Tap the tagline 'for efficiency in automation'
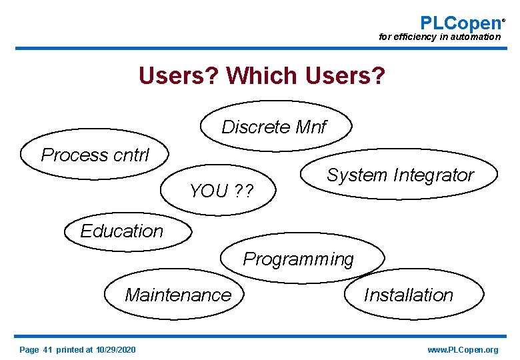tap(439, 37)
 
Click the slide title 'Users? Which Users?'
tap(261, 76)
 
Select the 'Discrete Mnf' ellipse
tap(274, 127)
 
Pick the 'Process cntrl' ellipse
tap(95, 155)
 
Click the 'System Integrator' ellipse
tap(400, 175)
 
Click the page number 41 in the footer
tap(47, 350)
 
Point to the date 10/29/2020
tap(116, 350)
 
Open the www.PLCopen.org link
tap(463, 350)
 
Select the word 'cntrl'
tap(131, 155)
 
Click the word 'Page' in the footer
tap(29, 350)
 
